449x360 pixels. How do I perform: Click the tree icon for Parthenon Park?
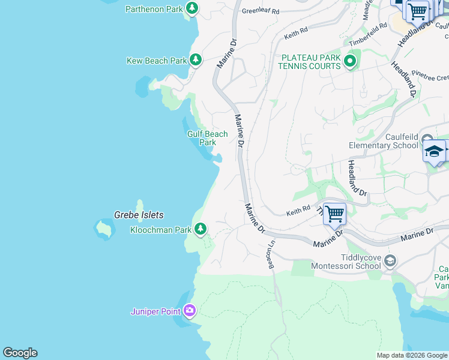click(x=191, y=8)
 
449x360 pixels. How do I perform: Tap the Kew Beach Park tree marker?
click(x=196, y=60)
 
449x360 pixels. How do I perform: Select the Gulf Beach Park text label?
click(x=208, y=138)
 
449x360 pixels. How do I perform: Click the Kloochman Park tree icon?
click(x=200, y=229)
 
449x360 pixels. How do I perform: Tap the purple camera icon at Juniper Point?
click(x=190, y=310)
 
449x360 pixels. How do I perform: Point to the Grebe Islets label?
click(x=139, y=215)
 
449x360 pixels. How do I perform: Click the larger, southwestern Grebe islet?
click(x=104, y=229)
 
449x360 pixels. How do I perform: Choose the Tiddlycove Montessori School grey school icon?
click(x=390, y=260)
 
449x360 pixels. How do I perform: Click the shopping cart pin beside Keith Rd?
click(x=334, y=213)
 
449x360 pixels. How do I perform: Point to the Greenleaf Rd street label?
click(x=261, y=11)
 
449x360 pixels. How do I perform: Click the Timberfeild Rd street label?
click(x=368, y=35)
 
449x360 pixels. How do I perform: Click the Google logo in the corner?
click(x=20, y=353)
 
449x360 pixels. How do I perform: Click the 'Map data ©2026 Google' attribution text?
click(x=412, y=355)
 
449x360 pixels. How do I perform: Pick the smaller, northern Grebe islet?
click(x=140, y=205)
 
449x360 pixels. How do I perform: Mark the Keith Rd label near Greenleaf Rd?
click(x=296, y=32)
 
